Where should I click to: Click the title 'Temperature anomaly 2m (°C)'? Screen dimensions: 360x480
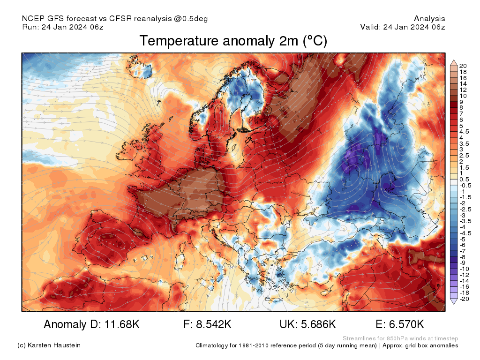[x=233, y=41]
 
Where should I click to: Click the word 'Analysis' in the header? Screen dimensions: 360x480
[x=429, y=19]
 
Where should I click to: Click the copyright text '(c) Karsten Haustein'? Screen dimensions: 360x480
[x=49, y=345]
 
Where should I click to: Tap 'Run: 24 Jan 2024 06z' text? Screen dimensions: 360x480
[x=62, y=27]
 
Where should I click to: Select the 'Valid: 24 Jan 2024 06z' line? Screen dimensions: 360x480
[x=402, y=27]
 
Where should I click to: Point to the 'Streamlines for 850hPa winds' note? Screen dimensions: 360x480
[x=400, y=338]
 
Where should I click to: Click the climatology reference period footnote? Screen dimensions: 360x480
[x=327, y=345]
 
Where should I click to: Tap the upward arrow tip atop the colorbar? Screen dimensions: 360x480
[x=453, y=61]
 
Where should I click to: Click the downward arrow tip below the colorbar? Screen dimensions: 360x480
[x=453, y=303]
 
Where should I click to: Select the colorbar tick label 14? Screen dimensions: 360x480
[x=463, y=83]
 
